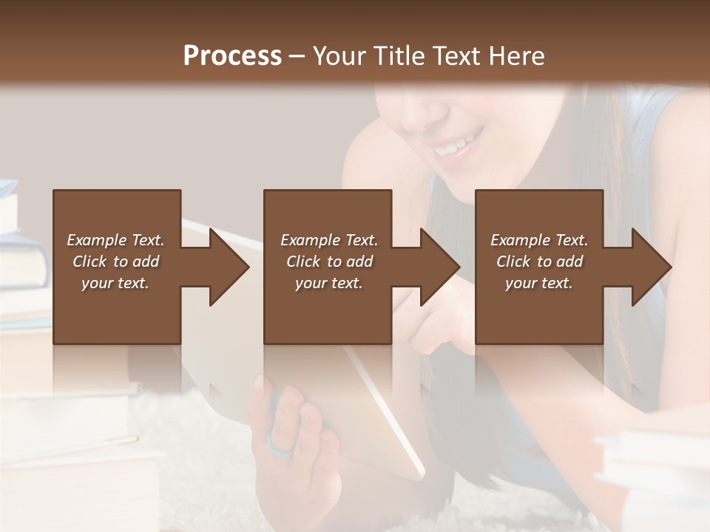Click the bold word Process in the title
(x=232, y=56)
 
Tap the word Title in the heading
(x=399, y=56)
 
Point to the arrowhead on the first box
(x=229, y=267)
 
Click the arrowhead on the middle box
(x=439, y=267)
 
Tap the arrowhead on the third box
(x=651, y=267)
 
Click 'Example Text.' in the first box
(x=115, y=240)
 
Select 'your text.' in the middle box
(x=328, y=283)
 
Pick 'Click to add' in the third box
(x=539, y=262)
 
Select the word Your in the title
(x=339, y=56)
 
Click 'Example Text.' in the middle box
(x=328, y=240)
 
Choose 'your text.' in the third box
(x=539, y=283)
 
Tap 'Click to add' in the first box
(x=115, y=262)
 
